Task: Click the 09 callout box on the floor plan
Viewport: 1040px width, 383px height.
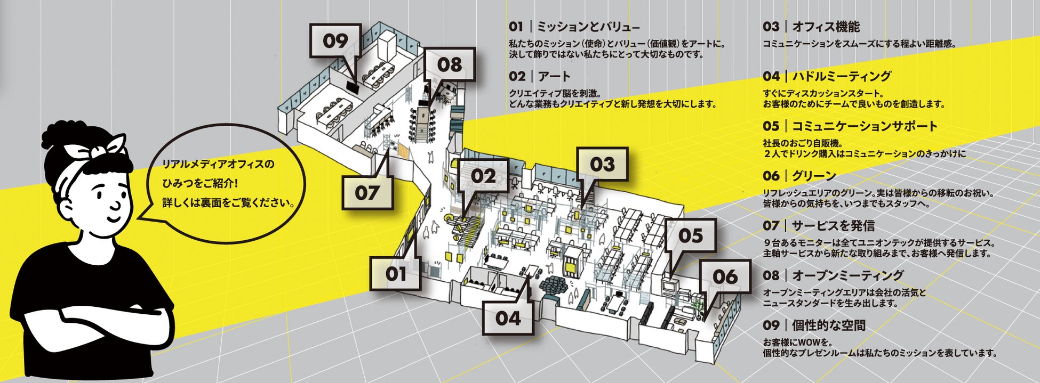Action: pos(335,41)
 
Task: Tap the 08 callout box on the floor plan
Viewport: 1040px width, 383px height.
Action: pos(450,64)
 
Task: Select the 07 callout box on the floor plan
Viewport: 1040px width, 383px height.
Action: pos(367,192)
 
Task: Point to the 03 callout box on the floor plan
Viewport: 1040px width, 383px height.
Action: pos(602,164)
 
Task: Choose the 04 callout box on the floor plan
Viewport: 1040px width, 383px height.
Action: pos(508,318)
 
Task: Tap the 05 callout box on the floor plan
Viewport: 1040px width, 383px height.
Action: pos(691,235)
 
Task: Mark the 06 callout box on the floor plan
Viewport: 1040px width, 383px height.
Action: pos(725,276)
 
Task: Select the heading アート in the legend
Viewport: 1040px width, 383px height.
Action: pos(554,76)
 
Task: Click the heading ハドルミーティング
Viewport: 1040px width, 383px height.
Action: pos(841,76)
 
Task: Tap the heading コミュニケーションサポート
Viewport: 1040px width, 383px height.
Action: pos(864,126)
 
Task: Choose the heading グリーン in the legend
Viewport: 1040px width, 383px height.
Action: pos(814,176)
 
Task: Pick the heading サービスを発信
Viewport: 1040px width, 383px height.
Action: pos(833,226)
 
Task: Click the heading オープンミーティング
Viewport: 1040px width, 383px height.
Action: pos(847,275)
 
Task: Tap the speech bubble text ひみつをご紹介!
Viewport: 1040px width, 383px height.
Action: pos(200,183)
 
